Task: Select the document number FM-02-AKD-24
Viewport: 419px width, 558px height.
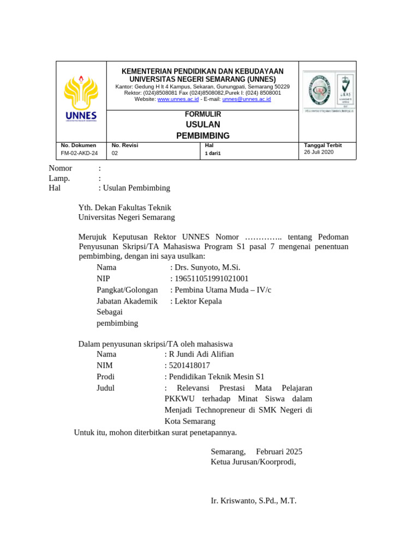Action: click(80, 153)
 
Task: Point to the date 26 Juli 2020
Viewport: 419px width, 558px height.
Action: click(319, 153)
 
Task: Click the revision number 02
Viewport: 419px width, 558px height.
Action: click(115, 153)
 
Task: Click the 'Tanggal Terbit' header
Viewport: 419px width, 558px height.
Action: click(322, 145)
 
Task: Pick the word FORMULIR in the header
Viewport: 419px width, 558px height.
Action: click(203, 114)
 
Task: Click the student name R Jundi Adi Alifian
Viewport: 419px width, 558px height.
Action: click(201, 354)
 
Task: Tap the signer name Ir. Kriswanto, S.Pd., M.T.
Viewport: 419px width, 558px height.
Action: click(253, 500)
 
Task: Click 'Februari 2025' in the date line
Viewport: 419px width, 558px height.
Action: click(279, 451)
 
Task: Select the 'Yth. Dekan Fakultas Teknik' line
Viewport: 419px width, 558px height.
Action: click(125, 207)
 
